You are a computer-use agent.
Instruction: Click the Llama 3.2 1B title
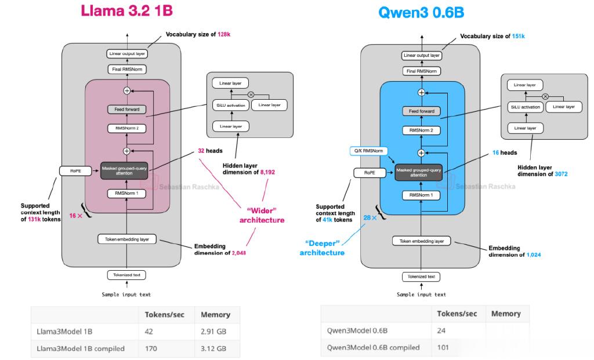(x=127, y=10)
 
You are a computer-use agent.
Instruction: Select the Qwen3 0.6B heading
(x=421, y=13)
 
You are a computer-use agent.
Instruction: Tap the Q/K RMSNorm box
(x=368, y=151)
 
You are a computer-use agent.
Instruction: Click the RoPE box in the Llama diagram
(x=76, y=171)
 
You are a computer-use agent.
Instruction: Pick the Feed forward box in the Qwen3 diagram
(x=421, y=111)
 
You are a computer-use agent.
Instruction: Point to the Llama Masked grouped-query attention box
(x=124, y=171)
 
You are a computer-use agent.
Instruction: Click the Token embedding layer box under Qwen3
(x=421, y=241)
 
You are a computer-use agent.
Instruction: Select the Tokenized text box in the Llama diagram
(x=126, y=275)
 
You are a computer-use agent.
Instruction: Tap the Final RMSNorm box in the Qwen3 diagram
(x=421, y=71)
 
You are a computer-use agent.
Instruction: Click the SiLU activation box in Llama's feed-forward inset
(x=231, y=106)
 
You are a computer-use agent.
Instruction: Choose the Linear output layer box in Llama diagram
(x=127, y=54)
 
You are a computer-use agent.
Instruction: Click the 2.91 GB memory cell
(x=213, y=332)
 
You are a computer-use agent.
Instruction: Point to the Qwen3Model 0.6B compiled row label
(x=373, y=347)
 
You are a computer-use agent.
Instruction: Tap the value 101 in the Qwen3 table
(x=443, y=347)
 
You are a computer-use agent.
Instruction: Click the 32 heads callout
(x=210, y=151)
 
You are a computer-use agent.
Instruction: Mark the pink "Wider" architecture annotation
(x=262, y=216)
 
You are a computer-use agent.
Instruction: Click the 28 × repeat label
(x=370, y=217)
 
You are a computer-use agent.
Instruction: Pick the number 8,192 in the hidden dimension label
(x=267, y=172)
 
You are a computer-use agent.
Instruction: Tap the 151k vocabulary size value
(x=518, y=37)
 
